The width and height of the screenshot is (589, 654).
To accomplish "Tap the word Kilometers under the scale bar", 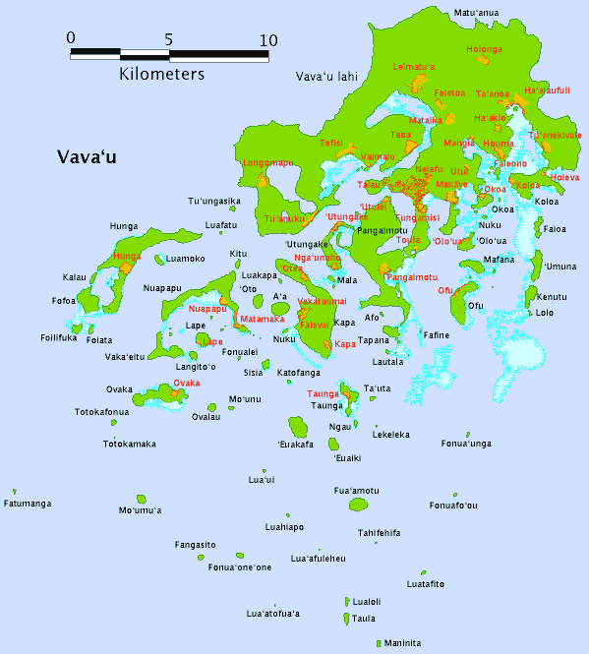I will click(x=162, y=74).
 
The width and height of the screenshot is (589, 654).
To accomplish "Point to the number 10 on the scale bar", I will click(x=267, y=40).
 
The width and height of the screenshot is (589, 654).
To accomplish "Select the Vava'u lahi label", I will click(x=327, y=76).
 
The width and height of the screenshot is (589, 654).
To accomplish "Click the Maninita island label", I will click(x=402, y=643).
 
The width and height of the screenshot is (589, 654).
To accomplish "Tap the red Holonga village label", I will click(x=483, y=48).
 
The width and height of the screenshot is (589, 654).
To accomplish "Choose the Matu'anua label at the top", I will click(x=476, y=13).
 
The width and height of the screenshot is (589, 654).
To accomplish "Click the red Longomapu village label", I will click(x=267, y=163).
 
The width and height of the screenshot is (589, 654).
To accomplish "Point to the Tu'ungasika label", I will click(x=214, y=202).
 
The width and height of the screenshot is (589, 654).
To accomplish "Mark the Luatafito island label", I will click(x=426, y=584).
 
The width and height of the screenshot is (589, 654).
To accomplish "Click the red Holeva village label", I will click(x=564, y=178).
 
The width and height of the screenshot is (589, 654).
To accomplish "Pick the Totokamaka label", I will click(x=130, y=444).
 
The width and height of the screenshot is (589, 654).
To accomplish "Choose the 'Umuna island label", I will click(x=560, y=267).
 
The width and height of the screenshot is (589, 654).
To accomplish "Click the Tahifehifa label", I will click(x=379, y=533).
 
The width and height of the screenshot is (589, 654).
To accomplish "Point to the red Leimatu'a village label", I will click(x=413, y=67).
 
